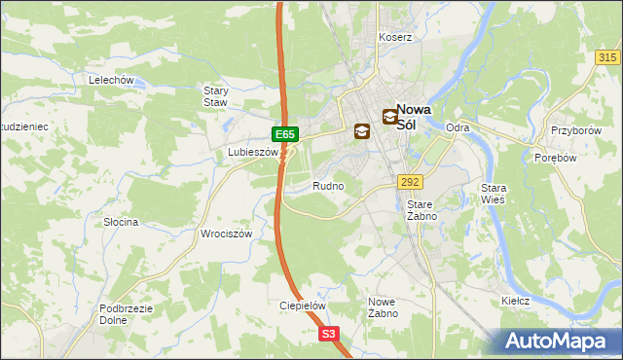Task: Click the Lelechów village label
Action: click(110, 80)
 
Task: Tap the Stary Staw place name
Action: click(215, 96)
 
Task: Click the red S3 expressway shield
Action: click(330, 334)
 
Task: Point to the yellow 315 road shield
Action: click(608, 58)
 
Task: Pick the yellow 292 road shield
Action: click(410, 182)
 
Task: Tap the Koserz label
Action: click(396, 37)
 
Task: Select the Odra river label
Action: click(458, 127)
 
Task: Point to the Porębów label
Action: click(558, 158)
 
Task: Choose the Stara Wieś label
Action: click(495, 194)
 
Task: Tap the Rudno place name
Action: click(328, 185)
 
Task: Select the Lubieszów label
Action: click(252, 153)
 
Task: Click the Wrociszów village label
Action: click(226, 234)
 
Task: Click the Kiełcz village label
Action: click(515, 301)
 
